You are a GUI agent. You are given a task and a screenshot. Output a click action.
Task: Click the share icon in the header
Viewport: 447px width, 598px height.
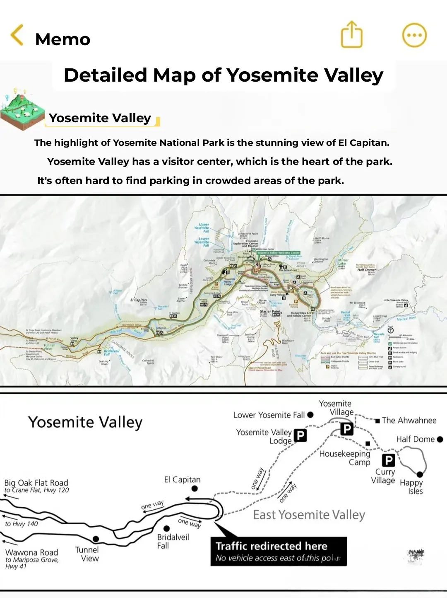(351, 35)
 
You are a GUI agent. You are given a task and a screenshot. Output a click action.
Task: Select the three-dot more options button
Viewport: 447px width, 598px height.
(414, 35)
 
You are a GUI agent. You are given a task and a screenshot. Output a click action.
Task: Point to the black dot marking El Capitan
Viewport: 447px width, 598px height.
(195, 489)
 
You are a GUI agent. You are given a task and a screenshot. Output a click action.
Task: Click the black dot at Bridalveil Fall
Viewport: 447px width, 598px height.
(166, 528)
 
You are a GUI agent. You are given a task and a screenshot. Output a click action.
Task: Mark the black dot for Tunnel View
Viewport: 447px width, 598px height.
(96, 539)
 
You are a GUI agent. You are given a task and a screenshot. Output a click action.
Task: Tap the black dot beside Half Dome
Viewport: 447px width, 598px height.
(440, 439)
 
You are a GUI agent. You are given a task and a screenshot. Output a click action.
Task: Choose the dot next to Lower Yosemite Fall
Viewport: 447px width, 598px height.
(310, 415)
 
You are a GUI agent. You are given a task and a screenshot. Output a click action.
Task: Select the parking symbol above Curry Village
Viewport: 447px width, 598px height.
(388, 460)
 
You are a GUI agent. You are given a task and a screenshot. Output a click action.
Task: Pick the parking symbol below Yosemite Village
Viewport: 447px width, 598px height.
(347, 429)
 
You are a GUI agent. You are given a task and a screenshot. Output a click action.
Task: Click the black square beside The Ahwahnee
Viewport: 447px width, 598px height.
(377, 421)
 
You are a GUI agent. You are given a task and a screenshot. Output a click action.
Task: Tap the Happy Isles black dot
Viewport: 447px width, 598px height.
(420, 475)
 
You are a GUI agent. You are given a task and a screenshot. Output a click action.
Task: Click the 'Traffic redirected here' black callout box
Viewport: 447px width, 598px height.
(278, 551)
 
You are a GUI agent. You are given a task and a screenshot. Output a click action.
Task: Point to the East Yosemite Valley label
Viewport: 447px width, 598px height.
(309, 515)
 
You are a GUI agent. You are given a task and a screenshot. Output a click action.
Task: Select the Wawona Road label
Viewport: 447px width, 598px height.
(31, 552)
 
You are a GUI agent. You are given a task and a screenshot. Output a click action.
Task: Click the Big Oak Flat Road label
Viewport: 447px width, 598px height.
(36, 483)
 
